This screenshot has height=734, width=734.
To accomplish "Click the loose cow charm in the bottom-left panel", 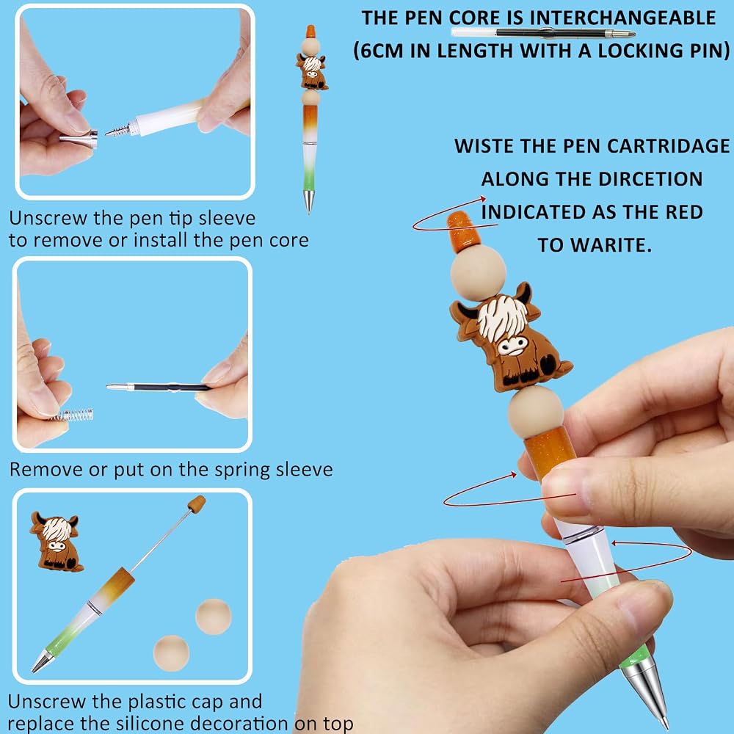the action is (x=57, y=541).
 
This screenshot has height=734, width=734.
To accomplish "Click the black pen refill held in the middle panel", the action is (x=159, y=387).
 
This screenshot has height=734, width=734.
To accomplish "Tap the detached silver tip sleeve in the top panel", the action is (x=79, y=139).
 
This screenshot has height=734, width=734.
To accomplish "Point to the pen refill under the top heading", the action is (x=543, y=33).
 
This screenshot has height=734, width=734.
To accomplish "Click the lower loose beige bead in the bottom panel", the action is (x=171, y=653).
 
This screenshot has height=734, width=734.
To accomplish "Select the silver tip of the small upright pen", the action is (x=308, y=201).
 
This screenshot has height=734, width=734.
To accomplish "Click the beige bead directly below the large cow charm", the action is (x=536, y=413).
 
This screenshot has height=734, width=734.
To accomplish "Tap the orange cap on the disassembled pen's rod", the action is (x=197, y=504).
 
